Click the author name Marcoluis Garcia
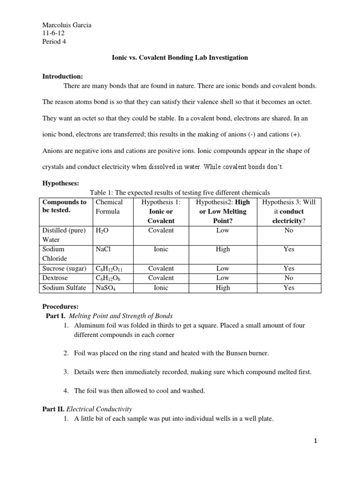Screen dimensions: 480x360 pyautogui.click(x=67, y=25)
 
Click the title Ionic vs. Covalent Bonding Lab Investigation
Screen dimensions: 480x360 pyautogui.click(x=180, y=58)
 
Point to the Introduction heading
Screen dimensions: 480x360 pyautogui.click(x=63, y=76)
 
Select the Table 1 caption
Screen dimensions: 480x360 pyautogui.click(x=180, y=193)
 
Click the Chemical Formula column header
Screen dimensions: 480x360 pyautogui.click(x=109, y=207)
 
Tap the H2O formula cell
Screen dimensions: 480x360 pyautogui.click(x=101, y=231)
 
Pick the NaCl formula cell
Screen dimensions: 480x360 pyautogui.click(x=103, y=249)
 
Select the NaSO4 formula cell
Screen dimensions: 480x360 pyautogui.click(x=105, y=288)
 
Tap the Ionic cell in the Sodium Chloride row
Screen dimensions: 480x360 pyautogui.click(x=161, y=249)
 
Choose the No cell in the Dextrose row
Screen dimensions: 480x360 pyautogui.click(x=289, y=278)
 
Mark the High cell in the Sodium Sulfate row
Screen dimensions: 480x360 pyautogui.click(x=223, y=288)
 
